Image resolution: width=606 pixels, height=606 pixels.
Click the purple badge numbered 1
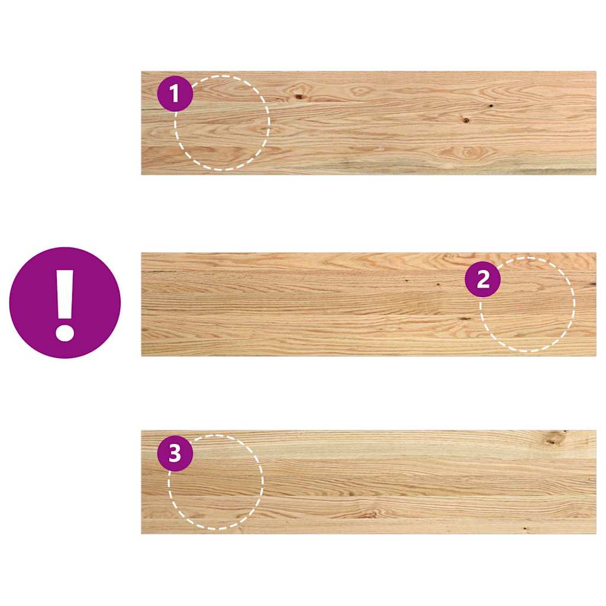click(x=175, y=94)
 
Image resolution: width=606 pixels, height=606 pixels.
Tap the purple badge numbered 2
click(x=483, y=279)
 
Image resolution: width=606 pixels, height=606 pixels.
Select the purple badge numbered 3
click(x=175, y=454)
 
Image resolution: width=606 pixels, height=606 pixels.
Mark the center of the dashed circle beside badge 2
click(x=527, y=305)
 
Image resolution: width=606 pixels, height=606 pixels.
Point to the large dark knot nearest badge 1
click(x=299, y=96)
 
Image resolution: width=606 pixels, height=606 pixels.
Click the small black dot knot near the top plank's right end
click(x=491, y=106)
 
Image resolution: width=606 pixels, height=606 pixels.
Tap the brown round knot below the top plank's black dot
click(x=466, y=120)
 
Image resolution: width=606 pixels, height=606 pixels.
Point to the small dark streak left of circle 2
click(x=465, y=318)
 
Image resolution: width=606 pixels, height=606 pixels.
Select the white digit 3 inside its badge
click(x=175, y=454)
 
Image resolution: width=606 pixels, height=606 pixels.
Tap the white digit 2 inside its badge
click(x=483, y=279)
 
